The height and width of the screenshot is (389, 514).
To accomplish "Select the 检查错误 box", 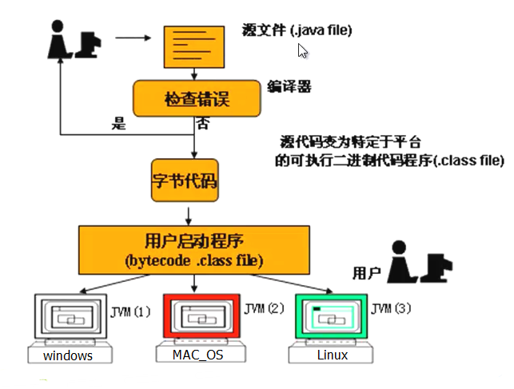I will pos(197,100).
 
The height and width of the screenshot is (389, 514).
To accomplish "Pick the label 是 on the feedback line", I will pos(120,123).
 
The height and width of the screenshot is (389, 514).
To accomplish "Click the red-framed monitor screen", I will pos(201,319).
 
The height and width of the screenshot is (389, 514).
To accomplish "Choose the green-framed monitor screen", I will pos(331,319).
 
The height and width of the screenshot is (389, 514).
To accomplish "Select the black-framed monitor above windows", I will pos(68,320).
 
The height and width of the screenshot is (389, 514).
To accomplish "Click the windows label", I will pos(68,355).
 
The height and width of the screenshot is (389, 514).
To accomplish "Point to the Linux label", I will pos(332,355).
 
